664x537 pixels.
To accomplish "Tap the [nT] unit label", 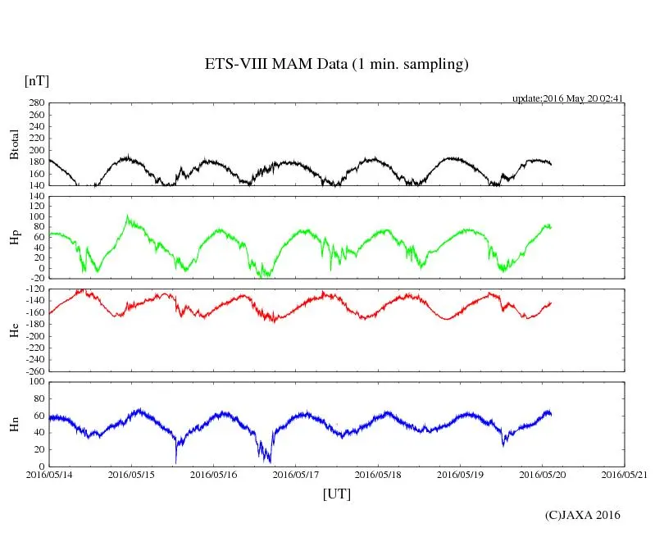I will tap(36, 81).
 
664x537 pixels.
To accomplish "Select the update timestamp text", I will tap(567, 98).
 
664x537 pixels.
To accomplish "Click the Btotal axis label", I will tap(14, 144).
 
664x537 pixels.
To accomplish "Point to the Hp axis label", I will tap(14, 238).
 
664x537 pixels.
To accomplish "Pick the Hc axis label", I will tap(14, 330).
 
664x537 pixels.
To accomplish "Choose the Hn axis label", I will tap(14, 424).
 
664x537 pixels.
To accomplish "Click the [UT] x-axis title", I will tap(337, 494).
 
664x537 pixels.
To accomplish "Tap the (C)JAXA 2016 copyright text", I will tap(583, 515).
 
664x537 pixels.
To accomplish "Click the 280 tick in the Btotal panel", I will tap(35, 103).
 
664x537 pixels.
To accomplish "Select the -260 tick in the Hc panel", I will tap(33, 371).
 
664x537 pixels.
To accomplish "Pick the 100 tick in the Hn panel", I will tap(35, 382).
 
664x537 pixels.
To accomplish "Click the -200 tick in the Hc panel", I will tap(33, 336).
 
